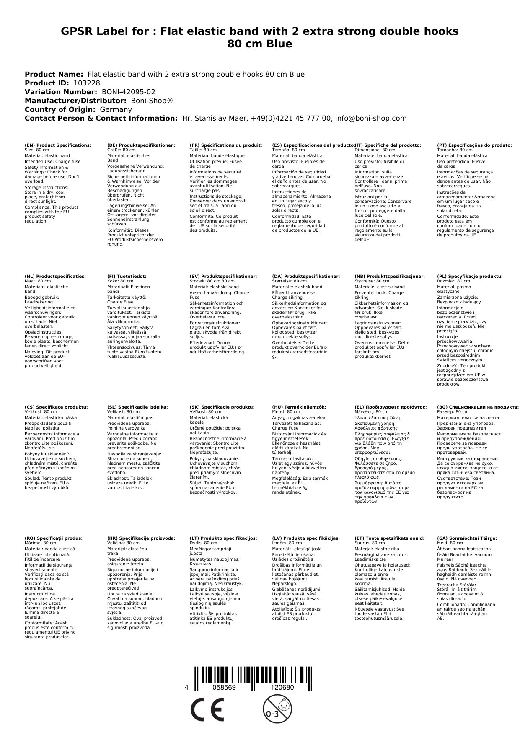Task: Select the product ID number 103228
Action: coord(87,83)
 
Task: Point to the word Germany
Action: coord(116,109)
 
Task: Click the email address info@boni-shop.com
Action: coord(371,118)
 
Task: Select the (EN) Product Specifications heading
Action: coord(57,145)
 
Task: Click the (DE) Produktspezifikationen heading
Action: coord(141,145)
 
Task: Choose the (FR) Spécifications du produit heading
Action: coord(226,145)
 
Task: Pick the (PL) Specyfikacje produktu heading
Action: coord(470,277)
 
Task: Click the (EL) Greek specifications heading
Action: coord(391,407)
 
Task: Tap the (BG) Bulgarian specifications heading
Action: coord(478,407)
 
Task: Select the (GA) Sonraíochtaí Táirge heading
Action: coord(467,538)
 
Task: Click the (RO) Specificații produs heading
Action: coord(54,538)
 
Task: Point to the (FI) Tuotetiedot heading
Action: coord(127,277)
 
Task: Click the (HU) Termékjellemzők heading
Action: coord(299,407)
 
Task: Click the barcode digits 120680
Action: coord(282,688)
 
